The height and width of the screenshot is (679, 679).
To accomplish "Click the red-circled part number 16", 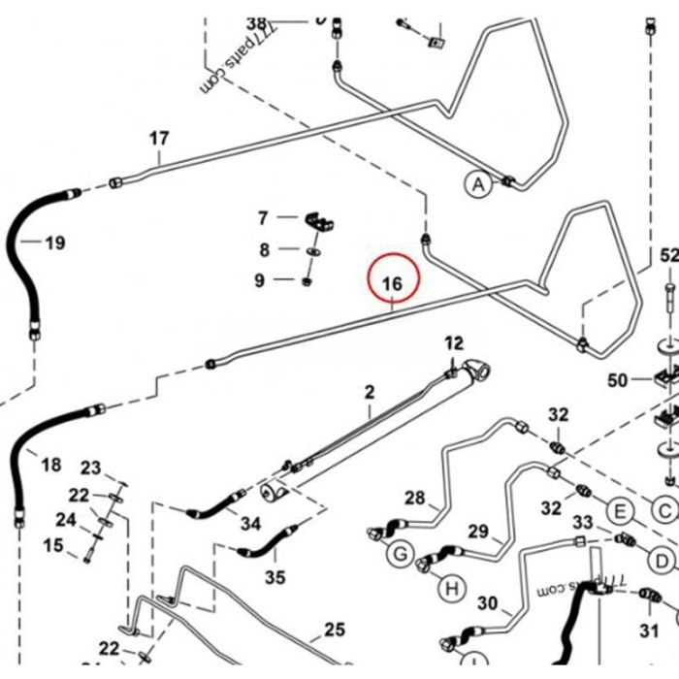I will click(x=392, y=284).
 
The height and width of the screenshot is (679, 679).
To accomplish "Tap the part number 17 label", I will click(x=159, y=139).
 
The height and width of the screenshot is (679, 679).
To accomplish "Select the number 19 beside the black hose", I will click(x=55, y=242).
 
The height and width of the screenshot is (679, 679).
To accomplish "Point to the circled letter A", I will click(x=477, y=183).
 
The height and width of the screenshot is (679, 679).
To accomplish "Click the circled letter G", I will click(x=399, y=556).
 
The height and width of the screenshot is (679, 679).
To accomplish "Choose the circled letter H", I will click(x=450, y=588).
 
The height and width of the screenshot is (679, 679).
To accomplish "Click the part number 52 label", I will click(x=669, y=256).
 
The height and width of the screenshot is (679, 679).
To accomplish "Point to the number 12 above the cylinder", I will click(x=454, y=342).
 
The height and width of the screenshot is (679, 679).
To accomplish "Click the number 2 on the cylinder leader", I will click(x=369, y=392).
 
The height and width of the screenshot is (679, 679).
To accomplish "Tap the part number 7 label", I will click(x=262, y=217).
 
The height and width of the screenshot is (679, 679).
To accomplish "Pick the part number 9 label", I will click(x=259, y=281).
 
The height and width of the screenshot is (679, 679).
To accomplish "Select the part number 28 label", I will click(x=415, y=499).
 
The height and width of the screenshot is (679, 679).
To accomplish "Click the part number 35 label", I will click(x=275, y=578).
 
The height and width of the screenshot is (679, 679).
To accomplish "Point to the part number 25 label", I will click(x=334, y=630).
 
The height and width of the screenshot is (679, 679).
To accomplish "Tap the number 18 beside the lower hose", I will click(x=51, y=466).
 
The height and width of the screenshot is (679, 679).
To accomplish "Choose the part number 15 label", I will click(x=53, y=546).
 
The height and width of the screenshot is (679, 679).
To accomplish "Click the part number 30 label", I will click(x=487, y=603).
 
